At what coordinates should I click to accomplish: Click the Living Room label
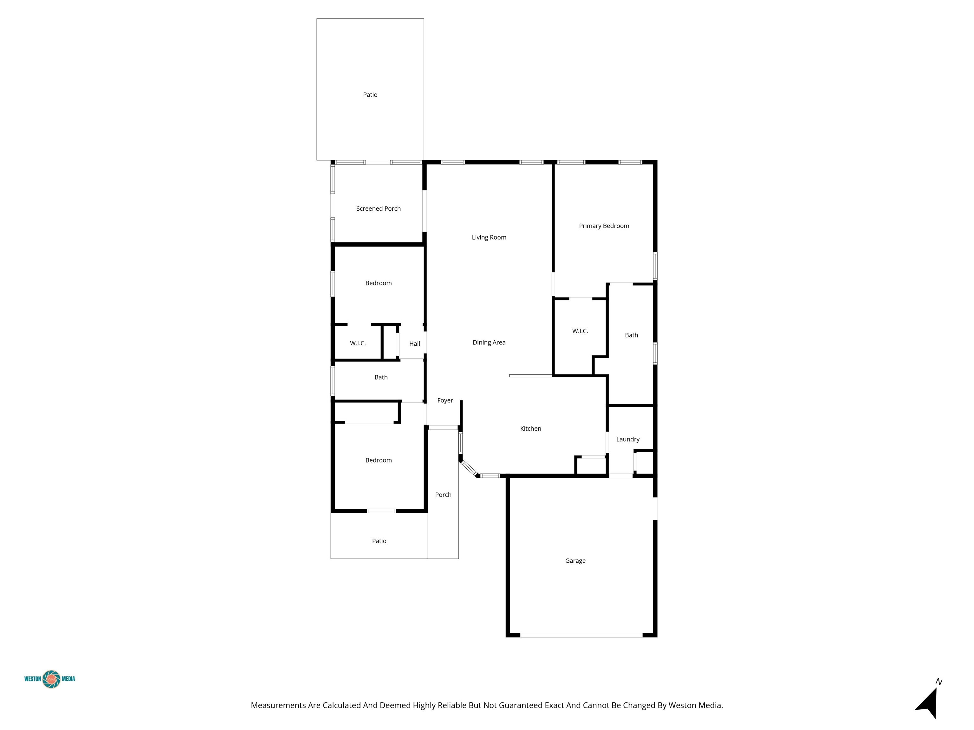click(489, 237)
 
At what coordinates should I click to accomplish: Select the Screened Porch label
click(378, 208)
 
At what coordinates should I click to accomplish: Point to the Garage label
click(575, 560)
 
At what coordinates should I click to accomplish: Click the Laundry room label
click(627, 439)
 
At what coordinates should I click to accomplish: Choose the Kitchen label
click(530, 429)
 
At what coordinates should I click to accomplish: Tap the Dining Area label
click(489, 342)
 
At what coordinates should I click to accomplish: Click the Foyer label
click(445, 400)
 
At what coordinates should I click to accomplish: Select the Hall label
click(414, 344)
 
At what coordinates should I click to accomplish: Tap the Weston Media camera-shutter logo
click(51, 679)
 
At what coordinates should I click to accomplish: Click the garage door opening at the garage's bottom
click(581, 635)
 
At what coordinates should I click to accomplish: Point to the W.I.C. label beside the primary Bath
click(580, 331)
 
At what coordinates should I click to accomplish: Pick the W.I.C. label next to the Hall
click(358, 343)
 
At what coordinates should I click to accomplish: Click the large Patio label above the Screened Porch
click(370, 95)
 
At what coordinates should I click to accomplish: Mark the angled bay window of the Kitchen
click(469, 468)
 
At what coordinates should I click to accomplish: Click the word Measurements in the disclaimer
click(278, 705)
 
